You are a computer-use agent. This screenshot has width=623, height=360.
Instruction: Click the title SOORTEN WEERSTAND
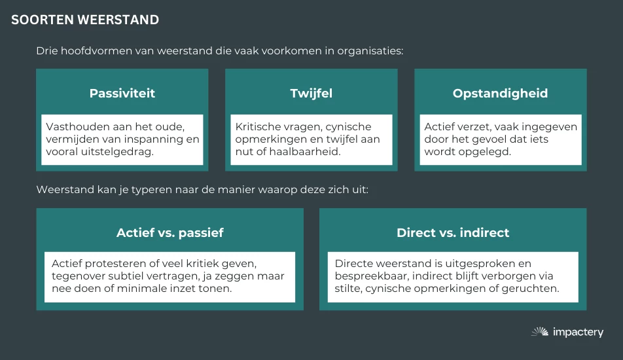click(85, 20)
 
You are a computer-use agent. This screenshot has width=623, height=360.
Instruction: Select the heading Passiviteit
click(122, 93)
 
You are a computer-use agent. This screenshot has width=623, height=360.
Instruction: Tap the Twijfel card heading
click(311, 93)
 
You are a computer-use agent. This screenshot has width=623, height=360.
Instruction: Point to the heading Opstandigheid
click(500, 93)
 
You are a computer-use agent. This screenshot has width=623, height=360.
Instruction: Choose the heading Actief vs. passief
click(170, 232)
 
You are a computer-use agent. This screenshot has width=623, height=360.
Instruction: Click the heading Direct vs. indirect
click(453, 232)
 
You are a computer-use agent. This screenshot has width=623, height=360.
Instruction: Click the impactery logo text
click(578, 333)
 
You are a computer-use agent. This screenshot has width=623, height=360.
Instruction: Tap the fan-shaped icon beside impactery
click(540, 332)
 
